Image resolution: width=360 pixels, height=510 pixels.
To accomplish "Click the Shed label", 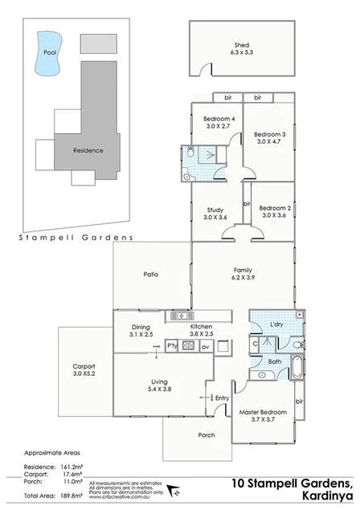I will pyautogui.click(x=240, y=46).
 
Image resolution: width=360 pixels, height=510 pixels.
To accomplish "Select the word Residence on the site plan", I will pyautogui.click(x=88, y=150).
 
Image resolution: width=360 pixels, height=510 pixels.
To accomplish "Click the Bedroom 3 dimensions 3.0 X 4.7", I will pyautogui.click(x=271, y=141).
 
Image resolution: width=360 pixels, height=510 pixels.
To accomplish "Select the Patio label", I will pyautogui.click(x=150, y=275).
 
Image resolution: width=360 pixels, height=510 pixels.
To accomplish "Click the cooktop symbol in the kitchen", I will pyautogui.click(x=189, y=346).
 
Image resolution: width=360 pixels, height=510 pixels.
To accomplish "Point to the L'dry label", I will pyautogui.click(x=276, y=324).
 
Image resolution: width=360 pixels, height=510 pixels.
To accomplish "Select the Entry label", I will pyautogui.click(x=223, y=398).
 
